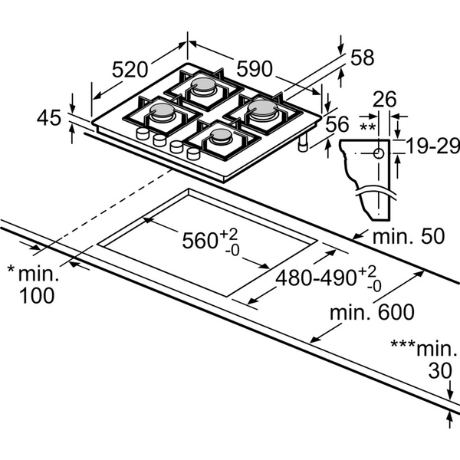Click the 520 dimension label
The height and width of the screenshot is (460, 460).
click(x=130, y=69)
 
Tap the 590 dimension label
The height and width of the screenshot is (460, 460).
click(x=254, y=69)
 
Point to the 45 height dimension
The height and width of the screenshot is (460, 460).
click(x=49, y=117)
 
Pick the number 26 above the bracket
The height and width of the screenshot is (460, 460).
click(x=386, y=99)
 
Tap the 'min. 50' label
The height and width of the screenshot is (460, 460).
click(x=409, y=236)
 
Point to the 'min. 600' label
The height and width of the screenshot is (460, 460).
click(x=372, y=313)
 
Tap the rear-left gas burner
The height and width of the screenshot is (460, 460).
click(x=205, y=86)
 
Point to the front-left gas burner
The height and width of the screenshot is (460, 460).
click(x=164, y=114)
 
